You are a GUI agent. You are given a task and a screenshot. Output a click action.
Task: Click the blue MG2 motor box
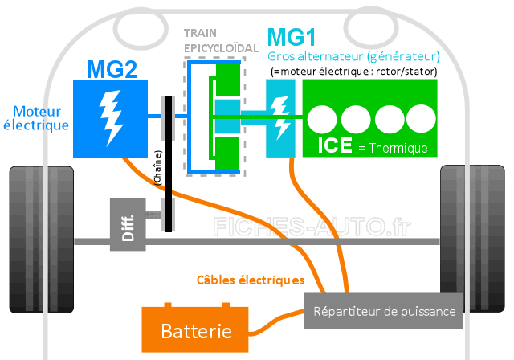[110, 118]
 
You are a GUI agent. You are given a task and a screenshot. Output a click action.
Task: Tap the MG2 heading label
[112, 69]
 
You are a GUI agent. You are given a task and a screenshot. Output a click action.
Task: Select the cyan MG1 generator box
[280, 118]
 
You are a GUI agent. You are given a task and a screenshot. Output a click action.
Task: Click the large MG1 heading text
[292, 37]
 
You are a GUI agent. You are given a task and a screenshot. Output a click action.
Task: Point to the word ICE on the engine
[335, 145]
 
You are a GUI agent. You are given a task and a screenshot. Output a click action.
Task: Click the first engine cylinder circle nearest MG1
[322, 119]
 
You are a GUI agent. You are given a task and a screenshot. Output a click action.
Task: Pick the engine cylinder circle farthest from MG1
[421, 119]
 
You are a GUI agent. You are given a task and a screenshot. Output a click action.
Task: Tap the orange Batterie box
[195, 329]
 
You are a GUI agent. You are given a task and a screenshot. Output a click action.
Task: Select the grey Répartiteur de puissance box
[383, 311]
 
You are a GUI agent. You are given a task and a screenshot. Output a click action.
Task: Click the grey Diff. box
[128, 224]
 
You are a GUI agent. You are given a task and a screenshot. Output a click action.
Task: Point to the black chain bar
[168, 164]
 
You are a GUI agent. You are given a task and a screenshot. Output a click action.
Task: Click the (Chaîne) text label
[157, 167]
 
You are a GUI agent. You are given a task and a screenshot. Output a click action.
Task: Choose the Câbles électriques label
[251, 280]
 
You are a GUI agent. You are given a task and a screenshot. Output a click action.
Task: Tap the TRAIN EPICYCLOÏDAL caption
[221, 41]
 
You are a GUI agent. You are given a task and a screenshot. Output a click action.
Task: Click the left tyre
[42, 239]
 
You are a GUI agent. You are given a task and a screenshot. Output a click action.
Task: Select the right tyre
[472, 239]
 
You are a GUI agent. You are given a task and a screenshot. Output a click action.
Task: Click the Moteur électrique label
[36, 118]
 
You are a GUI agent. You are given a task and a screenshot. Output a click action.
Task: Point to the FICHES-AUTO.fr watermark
[312, 227]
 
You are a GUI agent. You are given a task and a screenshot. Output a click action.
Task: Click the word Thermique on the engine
[398, 148]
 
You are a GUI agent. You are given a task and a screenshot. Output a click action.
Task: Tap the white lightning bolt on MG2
[111, 117]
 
